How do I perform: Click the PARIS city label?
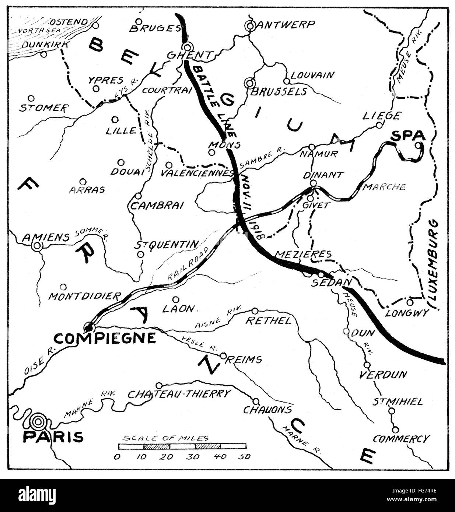(53, 437)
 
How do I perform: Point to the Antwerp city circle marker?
(250, 26)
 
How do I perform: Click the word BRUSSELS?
(278, 91)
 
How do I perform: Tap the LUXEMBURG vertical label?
(435, 265)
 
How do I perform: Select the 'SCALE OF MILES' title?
(166, 438)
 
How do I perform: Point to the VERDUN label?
(383, 375)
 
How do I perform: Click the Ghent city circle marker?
(188, 47)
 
